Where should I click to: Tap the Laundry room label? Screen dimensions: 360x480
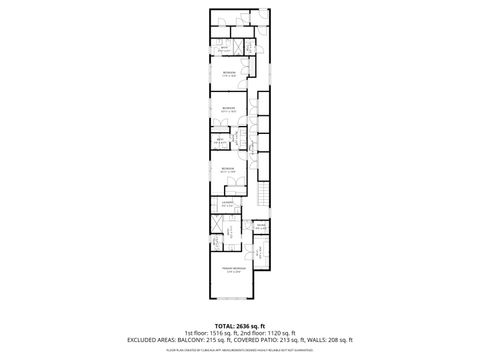[228, 203]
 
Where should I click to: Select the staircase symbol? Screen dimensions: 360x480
[264, 194]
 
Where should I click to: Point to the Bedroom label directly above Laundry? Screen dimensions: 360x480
[228, 169]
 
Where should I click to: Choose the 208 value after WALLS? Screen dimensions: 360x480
[334, 340]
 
